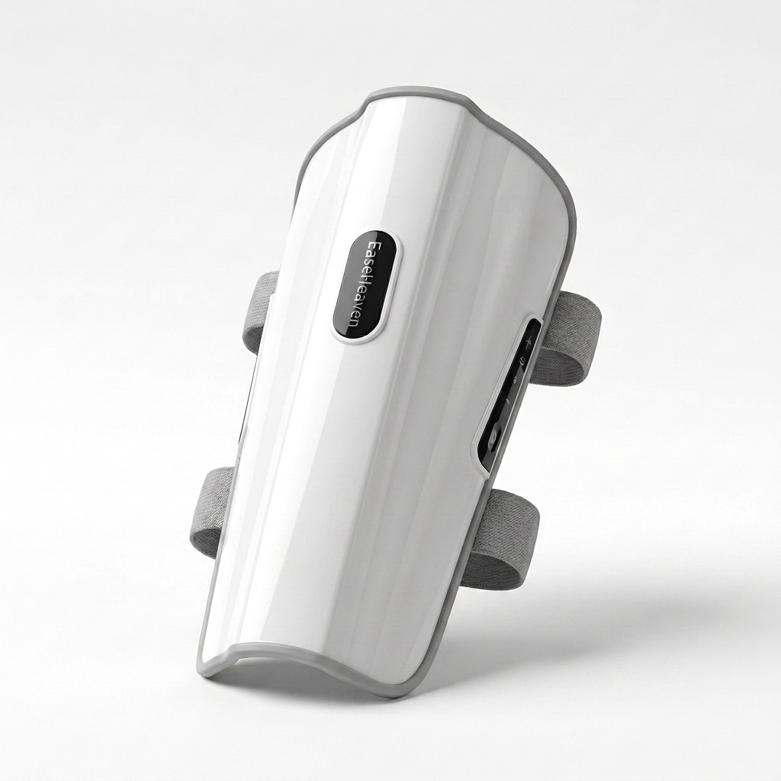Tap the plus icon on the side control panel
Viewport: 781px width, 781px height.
click(529, 342)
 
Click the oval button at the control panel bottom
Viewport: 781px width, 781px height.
click(493, 440)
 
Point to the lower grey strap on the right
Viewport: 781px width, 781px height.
click(503, 538)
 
